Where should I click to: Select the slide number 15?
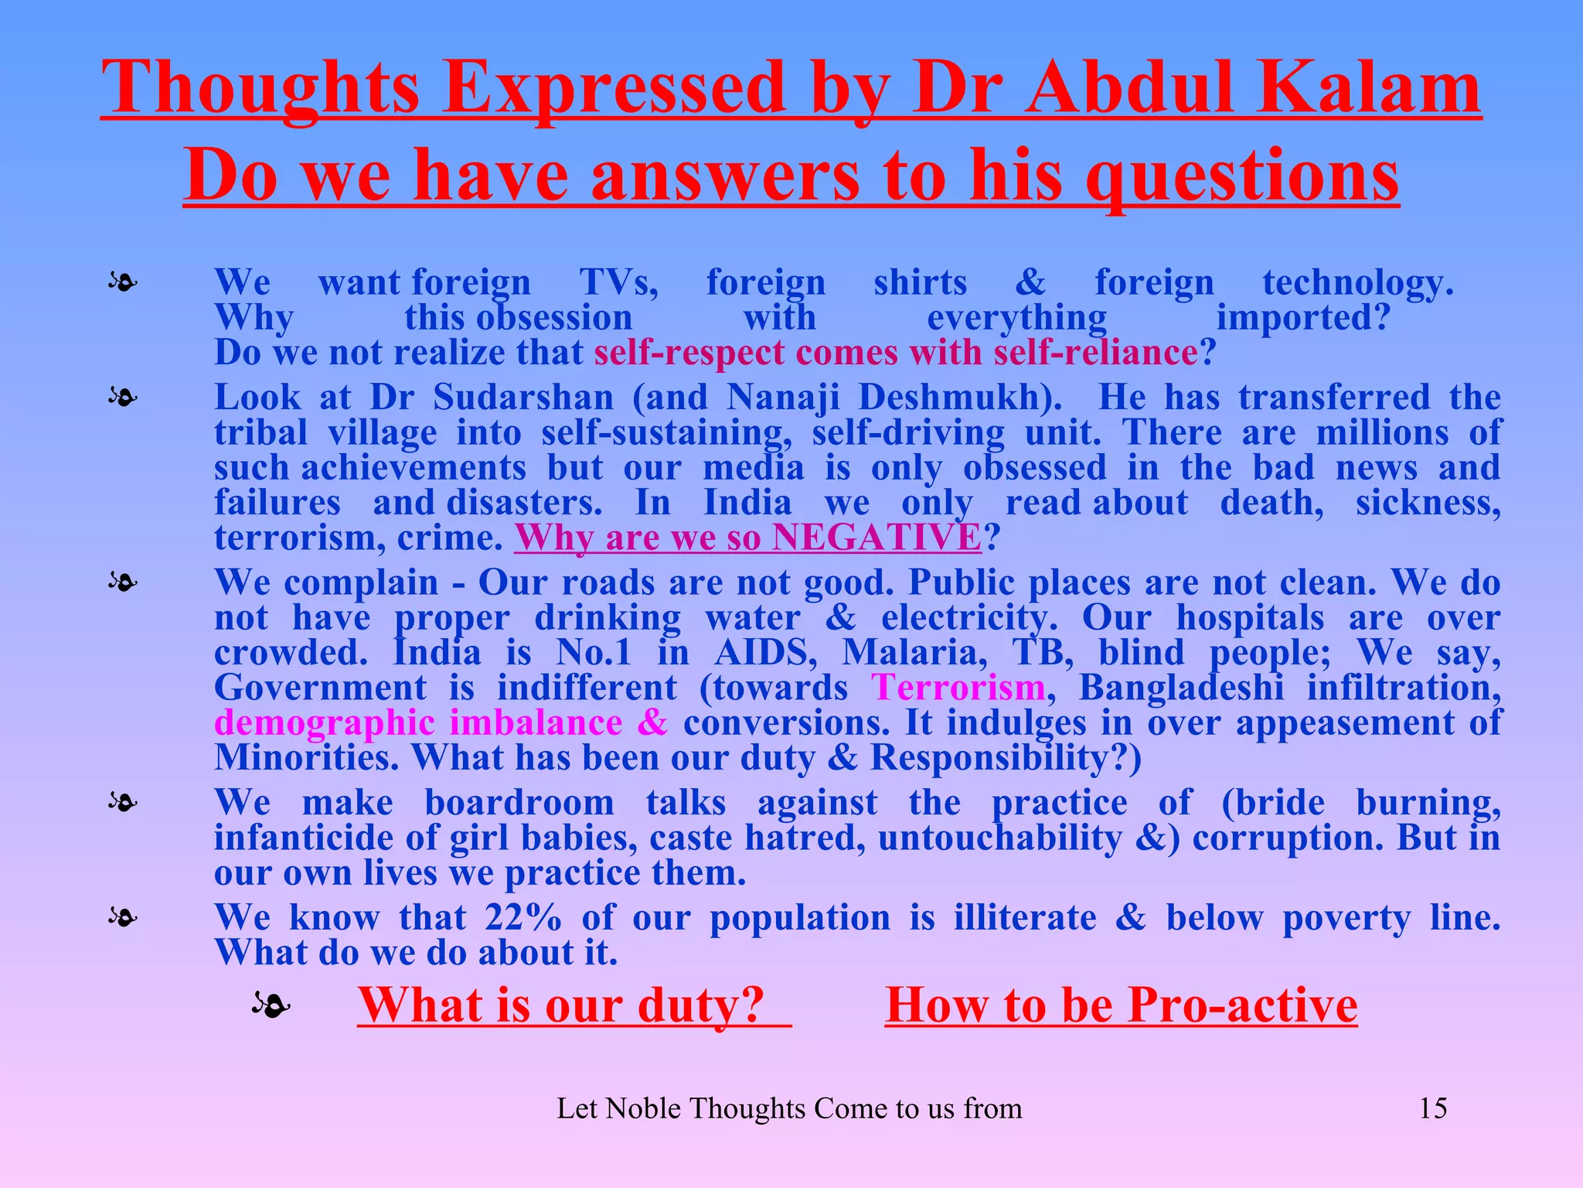(1432, 1108)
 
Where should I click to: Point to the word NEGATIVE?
(877, 537)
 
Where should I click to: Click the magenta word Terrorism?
(958, 687)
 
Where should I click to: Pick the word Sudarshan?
(523, 398)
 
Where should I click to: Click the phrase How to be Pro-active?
(1121, 1005)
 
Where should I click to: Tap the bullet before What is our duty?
(271, 1005)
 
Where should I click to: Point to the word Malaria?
(914, 652)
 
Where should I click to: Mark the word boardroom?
(519, 802)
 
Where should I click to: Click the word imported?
(1303, 317)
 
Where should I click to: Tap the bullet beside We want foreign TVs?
(123, 282)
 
